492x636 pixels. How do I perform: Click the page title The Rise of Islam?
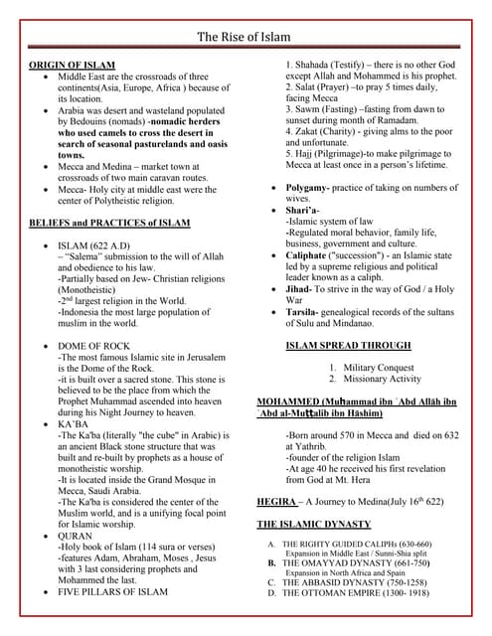tap(245, 37)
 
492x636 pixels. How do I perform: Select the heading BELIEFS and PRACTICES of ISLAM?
tap(109, 222)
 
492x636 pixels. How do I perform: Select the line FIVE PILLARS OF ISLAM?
tap(112, 591)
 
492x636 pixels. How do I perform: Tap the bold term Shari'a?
tap(305, 210)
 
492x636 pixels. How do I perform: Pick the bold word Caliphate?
tap(313, 255)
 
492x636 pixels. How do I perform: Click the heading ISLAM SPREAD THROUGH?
tap(348, 346)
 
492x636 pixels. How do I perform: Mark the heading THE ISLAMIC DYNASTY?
tap(314, 524)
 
